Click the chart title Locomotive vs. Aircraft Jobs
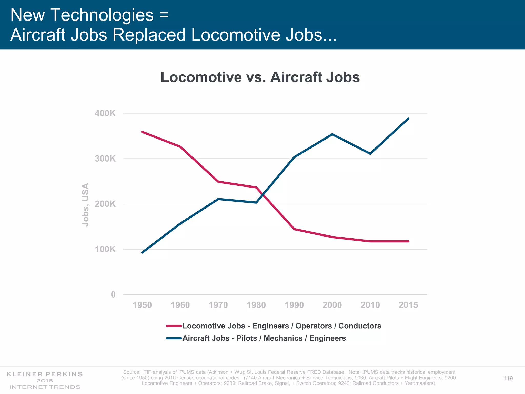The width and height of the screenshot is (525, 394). pos(260,77)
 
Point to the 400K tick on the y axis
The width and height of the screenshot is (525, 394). pos(105,113)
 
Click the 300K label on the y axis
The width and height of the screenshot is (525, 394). pos(105,159)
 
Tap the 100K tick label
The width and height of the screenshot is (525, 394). pos(105,249)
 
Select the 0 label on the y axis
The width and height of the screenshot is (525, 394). pos(113,294)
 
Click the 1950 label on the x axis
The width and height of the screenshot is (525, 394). pos(142,305)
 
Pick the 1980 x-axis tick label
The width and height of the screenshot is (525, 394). pos(256,305)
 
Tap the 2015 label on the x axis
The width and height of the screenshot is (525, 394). pos(408,305)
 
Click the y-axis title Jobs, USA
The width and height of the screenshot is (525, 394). pos(85,204)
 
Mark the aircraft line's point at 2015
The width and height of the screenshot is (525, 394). pos(408,119)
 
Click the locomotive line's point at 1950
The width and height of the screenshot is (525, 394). pos(142,132)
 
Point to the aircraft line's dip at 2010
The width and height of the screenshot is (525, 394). pos(370,154)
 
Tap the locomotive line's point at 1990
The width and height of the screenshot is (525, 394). pos(294,229)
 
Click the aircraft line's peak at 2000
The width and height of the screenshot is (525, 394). pos(332,134)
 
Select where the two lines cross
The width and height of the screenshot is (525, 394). pos(262,194)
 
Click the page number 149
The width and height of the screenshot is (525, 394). pos(508,378)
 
